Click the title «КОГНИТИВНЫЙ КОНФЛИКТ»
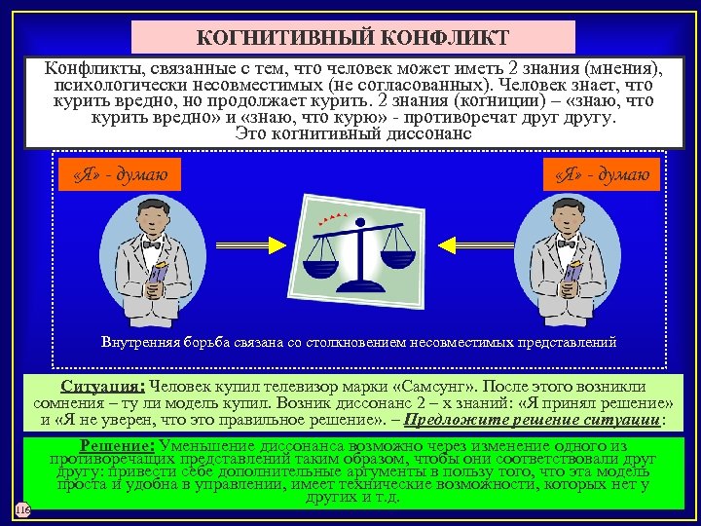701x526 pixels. (352, 38)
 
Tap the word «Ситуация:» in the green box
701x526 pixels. (102, 386)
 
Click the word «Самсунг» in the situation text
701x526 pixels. (422, 386)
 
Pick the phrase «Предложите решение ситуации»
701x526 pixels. (532, 420)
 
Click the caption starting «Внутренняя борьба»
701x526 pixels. (359, 342)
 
